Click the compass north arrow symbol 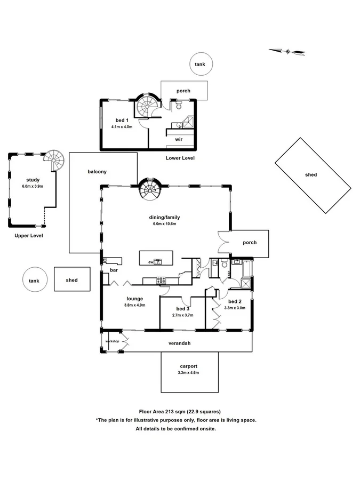coord(287,51)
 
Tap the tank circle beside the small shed coord(34,280)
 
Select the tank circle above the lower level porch coord(199,65)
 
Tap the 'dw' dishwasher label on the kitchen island coord(151,262)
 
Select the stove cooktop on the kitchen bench coord(160,279)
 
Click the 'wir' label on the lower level coord(179,139)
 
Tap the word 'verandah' coord(180,343)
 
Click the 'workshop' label coord(112,341)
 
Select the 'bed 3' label coord(183,309)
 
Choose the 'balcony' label coord(98,172)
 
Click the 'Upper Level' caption coord(29,235)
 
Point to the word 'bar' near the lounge coord(113,270)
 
